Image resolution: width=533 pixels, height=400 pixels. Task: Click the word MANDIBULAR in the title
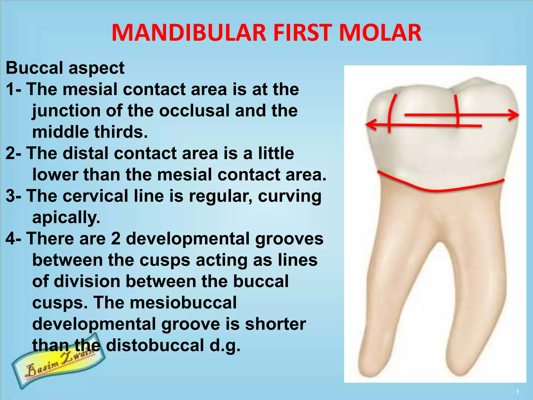click(189, 33)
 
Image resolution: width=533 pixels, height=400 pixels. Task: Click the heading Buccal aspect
click(65, 68)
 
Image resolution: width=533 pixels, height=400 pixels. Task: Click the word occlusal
click(194, 111)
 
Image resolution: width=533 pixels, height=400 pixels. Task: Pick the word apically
click(66, 217)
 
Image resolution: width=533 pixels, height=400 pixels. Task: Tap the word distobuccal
click(155, 345)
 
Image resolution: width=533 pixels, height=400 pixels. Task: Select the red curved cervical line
click(437, 191)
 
